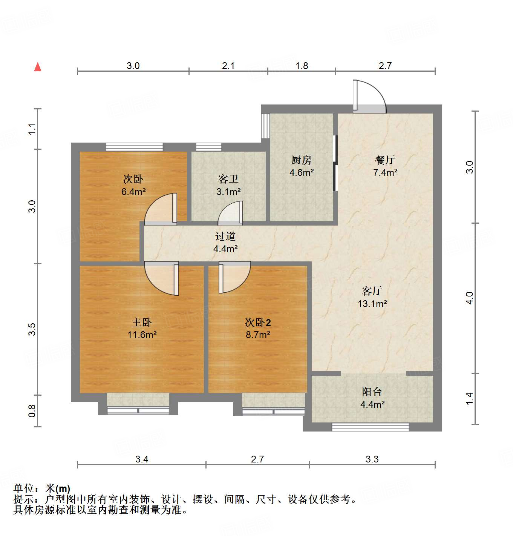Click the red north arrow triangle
(x=38, y=67)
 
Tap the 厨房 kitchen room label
(x=302, y=160)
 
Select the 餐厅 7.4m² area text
(x=385, y=173)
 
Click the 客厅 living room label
(x=372, y=291)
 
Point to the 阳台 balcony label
(x=372, y=392)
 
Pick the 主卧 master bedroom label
(x=142, y=322)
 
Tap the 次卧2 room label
(x=258, y=323)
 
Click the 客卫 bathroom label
(x=228, y=179)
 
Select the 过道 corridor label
(x=225, y=236)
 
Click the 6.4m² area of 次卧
(x=133, y=192)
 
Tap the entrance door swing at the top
(x=369, y=97)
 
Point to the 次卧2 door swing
(x=234, y=278)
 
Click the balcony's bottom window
(x=370, y=427)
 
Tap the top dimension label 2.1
(x=228, y=66)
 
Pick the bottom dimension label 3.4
(x=142, y=459)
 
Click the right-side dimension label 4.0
(x=469, y=298)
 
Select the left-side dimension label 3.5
(x=32, y=329)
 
